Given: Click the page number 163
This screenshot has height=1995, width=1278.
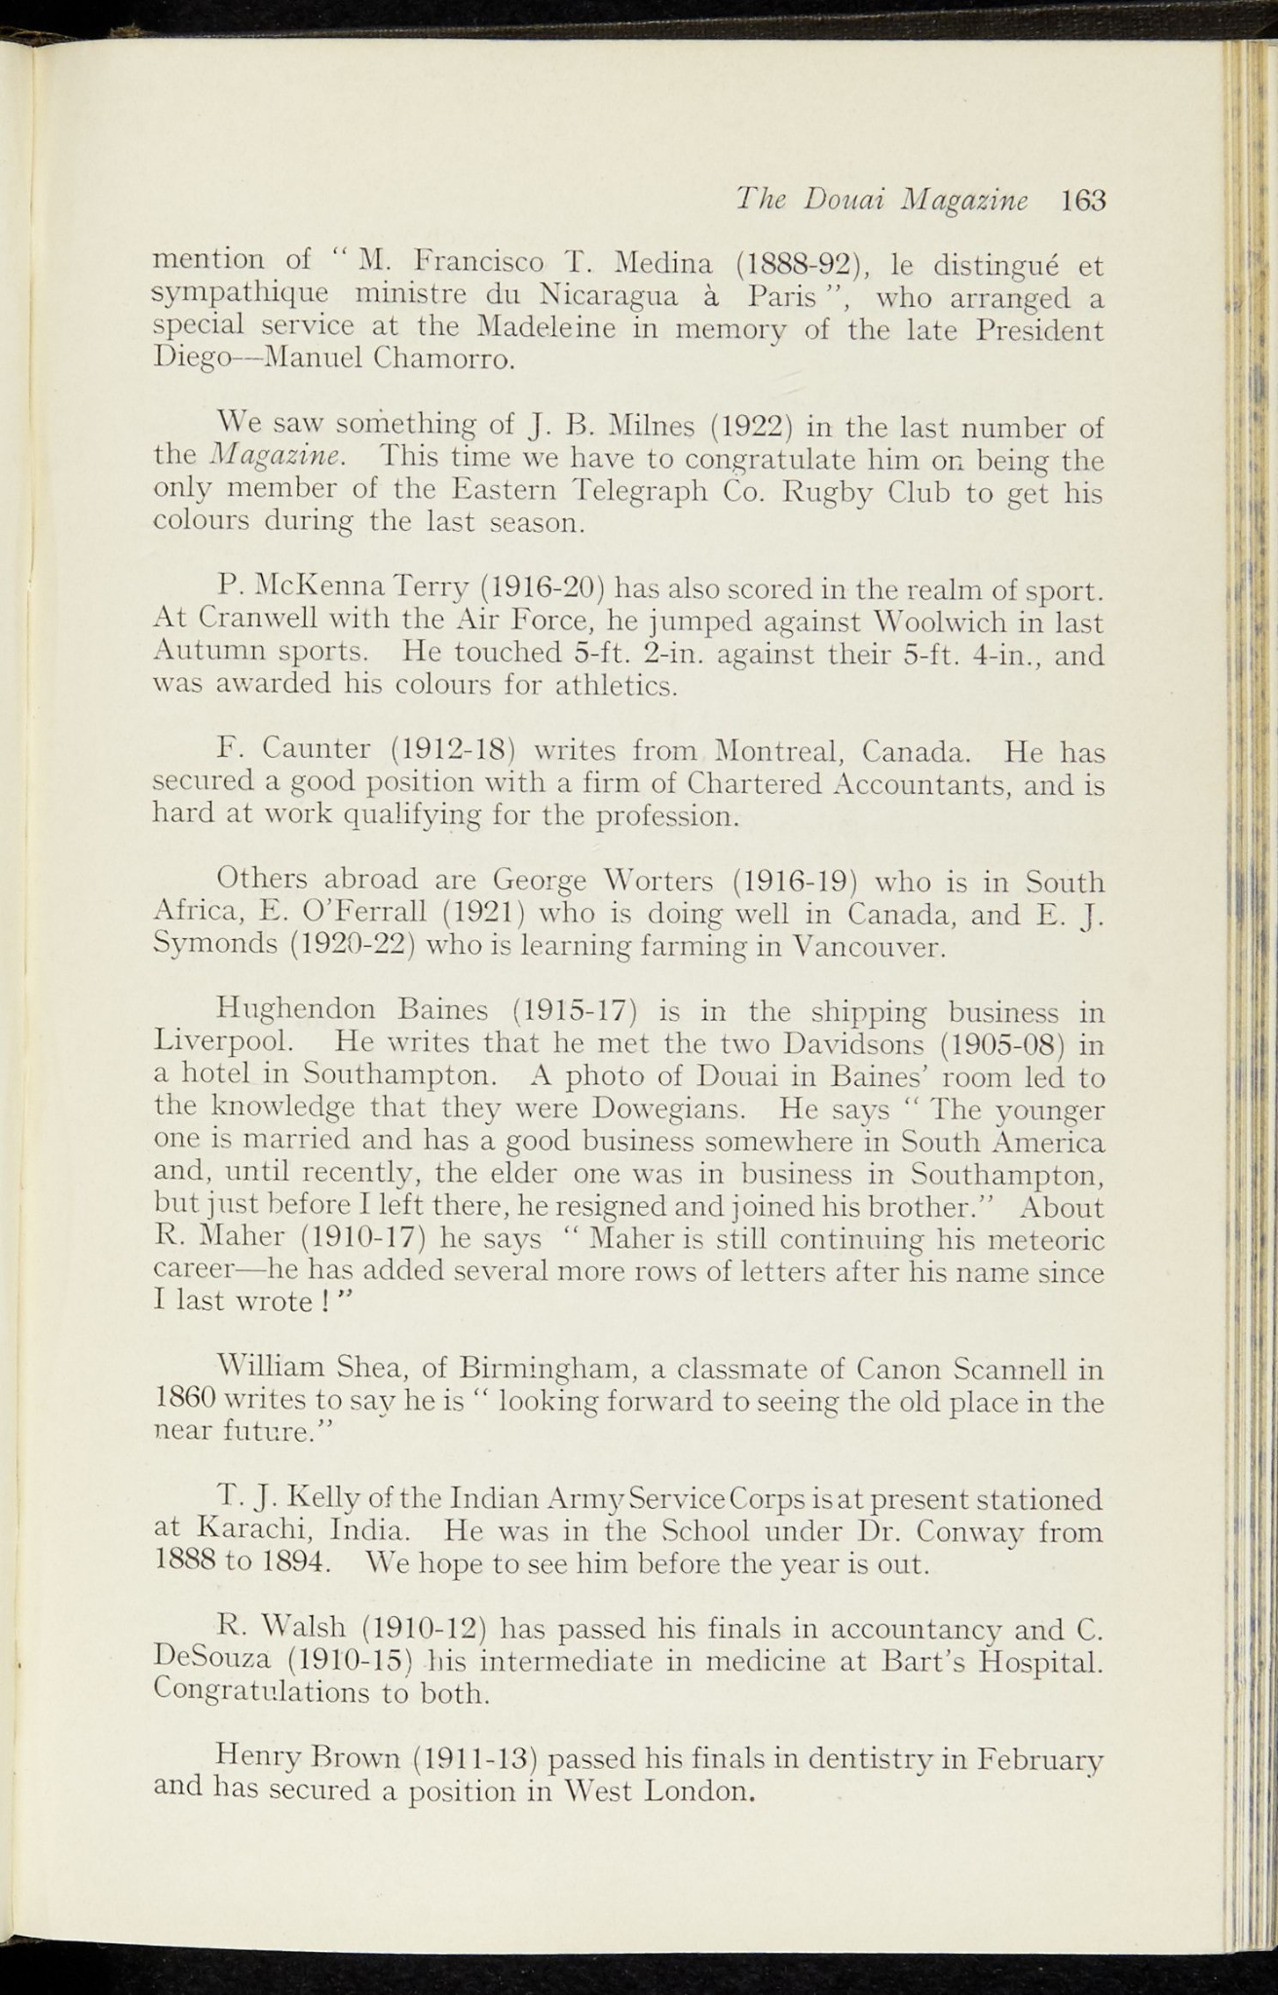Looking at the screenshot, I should pos(1084,201).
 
